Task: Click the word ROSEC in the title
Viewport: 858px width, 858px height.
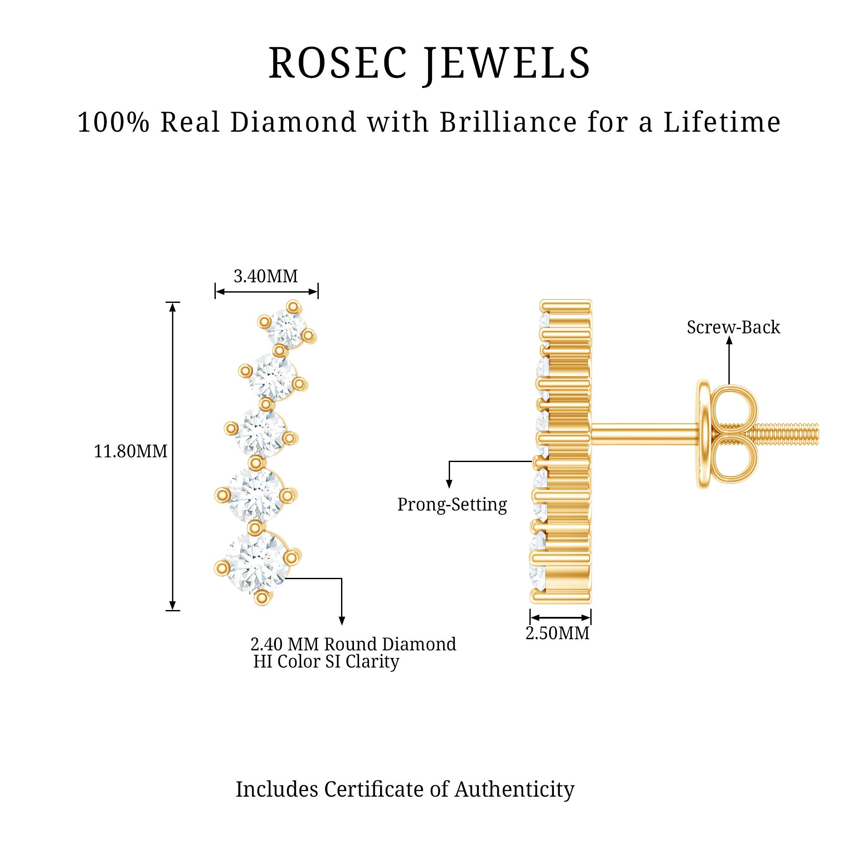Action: point(338,63)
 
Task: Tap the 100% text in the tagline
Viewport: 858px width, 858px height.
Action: point(113,122)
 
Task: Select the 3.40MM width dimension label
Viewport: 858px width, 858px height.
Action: point(266,276)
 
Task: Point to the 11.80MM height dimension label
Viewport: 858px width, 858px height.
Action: point(130,451)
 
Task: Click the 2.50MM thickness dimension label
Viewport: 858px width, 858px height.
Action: point(557,633)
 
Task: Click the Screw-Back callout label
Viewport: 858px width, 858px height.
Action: point(733,327)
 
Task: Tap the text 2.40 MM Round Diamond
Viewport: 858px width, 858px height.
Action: point(353,644)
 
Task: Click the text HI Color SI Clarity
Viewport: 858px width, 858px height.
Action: point(326,661)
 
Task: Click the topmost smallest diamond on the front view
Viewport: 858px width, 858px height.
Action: point(287,329)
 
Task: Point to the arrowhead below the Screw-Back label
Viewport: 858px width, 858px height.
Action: point(729,340)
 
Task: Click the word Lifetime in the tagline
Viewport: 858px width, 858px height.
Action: point(722,122)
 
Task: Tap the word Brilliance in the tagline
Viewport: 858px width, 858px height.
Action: point(509,122)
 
